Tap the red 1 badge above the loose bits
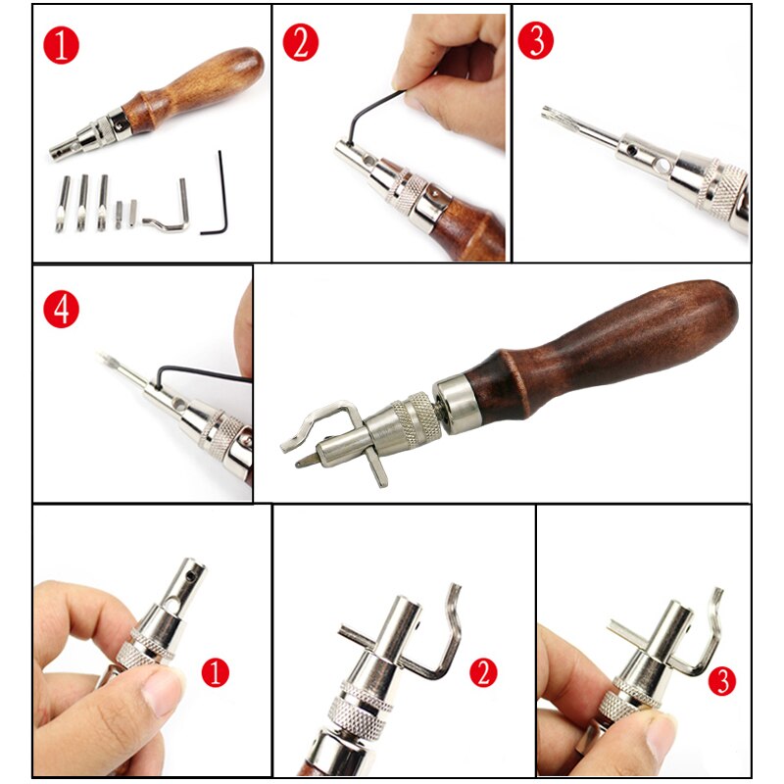61,44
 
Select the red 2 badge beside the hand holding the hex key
301,44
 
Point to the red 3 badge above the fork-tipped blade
535,40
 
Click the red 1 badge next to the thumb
215,672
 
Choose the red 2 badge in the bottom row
482,672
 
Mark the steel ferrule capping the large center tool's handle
459,394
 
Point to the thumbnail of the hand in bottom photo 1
162,700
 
